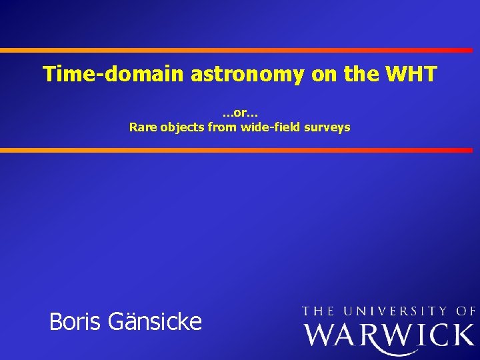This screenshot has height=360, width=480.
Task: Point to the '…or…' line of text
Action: [240, 113]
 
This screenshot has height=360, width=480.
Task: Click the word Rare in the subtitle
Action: [142, 127]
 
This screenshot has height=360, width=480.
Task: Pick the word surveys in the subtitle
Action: [327, 127]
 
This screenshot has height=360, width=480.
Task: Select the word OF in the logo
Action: [466, 311]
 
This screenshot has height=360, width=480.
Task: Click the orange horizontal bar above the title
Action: [240, 50]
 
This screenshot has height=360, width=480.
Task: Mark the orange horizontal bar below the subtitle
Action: [240, 150]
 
